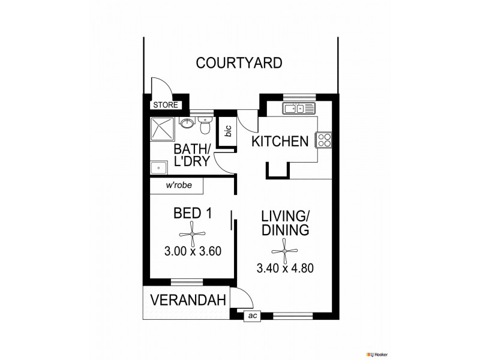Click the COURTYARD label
coord(239,63)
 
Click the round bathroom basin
coord(187,124)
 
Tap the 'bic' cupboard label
coord(228,131)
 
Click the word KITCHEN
coord(280,142)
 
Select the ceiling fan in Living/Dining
coord(284,247)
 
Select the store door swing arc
coord(159,86)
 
